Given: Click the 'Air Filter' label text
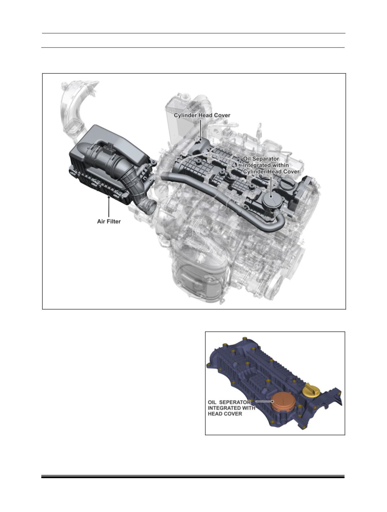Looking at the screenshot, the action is tap(109, 221).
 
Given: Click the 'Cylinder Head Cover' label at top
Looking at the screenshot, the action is tap(202, 116).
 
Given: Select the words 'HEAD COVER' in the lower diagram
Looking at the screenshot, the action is tap(225, 414).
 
